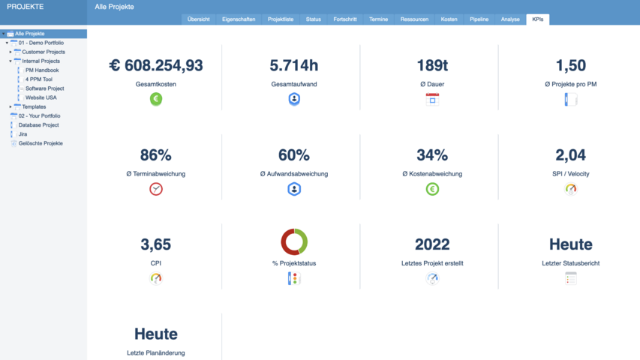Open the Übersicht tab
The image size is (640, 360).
(198, 19)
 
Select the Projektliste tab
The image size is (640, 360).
(281, 19)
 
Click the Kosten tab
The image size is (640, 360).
(449, 19)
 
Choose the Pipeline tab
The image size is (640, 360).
(479, 19)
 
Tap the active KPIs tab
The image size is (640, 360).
(537, 19)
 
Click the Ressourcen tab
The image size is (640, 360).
(415, 19)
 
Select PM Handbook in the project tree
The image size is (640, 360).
(42, 70)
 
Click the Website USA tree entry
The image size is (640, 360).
(41, 97)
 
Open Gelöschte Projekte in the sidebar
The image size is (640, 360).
(41, 143)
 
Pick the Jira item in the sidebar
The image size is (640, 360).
(23, 134)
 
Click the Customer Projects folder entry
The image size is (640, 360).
(44, 52)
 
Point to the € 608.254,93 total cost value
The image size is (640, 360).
(156, 66)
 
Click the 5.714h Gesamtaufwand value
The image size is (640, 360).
(294, 66)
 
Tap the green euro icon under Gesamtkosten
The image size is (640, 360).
(156, 99)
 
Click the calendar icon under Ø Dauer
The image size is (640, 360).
(432, 99)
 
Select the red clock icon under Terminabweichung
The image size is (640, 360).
(156, 189)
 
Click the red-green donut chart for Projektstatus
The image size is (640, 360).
(294, 241)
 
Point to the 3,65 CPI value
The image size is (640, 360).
(156, 244)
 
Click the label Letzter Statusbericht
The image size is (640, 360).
(570, 263)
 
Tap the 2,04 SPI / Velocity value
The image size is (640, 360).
(570, 155)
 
